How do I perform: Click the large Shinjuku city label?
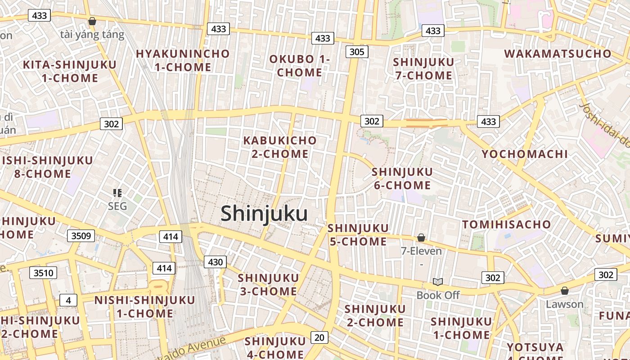264,214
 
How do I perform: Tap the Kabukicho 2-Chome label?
280,147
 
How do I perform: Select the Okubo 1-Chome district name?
300,66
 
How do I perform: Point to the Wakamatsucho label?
558,54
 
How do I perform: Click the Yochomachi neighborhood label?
525,154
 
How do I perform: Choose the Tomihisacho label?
507,225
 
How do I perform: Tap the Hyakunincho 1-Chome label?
183,61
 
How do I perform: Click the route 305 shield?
357,52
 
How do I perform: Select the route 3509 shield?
81,235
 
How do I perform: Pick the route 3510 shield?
43,272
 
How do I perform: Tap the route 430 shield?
215,262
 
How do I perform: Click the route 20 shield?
319,337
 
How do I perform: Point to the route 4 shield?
68,300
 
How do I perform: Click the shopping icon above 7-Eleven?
421,238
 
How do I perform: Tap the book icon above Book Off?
438,282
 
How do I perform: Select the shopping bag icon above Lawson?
564,291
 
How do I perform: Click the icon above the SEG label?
117,193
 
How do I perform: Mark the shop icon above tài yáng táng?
92,21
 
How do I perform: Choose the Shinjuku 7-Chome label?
423,69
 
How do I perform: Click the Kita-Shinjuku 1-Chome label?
70,71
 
